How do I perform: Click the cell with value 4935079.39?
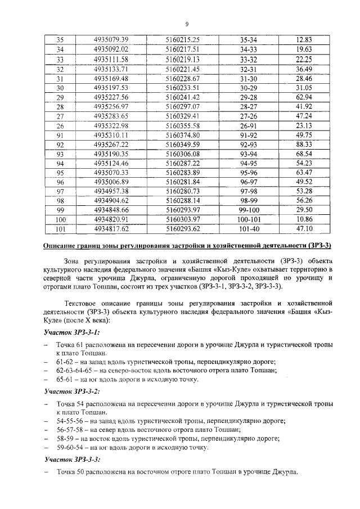(x=111, y=39)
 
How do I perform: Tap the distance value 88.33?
(x=304, y=145)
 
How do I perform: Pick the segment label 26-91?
(x=249, y=125)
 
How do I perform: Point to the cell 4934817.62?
(x=111, y=229)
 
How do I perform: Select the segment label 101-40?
(x=249, y=229)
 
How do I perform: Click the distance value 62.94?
(x=304, y=97)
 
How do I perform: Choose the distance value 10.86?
(x=304, y=219)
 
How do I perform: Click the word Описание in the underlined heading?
(x=60, y=246)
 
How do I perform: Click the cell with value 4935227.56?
(x=111, y=97)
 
